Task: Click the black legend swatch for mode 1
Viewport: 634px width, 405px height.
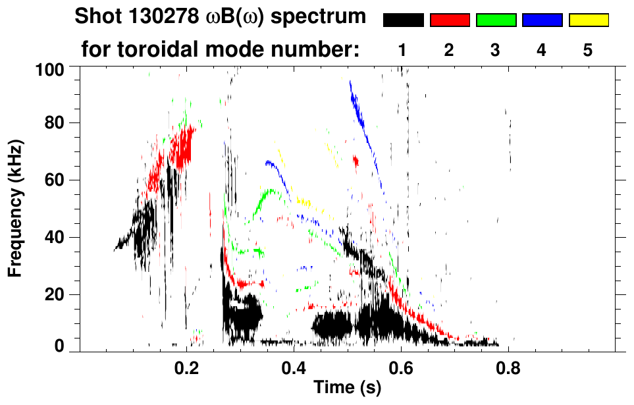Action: pos(403,20)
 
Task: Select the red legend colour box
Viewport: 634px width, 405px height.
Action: pos(450,20)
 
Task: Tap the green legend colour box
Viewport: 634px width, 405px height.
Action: pos(496,20)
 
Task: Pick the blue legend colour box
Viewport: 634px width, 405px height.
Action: pos(542,20)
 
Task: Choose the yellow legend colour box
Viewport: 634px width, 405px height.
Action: pos(588,20)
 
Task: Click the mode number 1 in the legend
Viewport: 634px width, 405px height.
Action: pos(403,50)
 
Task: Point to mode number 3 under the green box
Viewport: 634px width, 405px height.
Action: pos(496,50)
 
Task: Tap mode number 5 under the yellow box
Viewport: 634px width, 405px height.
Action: pos(588,50)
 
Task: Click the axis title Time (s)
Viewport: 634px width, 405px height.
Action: pos(347,388)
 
